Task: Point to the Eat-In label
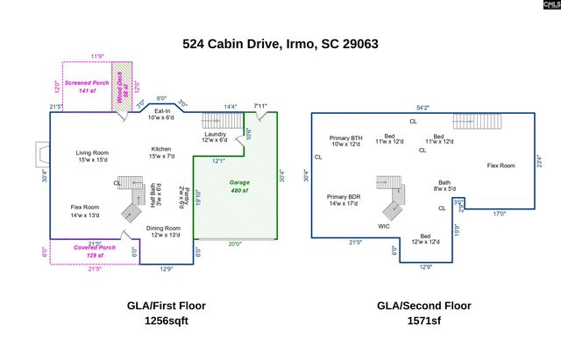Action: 162,111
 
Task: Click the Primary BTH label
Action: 345,138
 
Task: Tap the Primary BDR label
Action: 344,197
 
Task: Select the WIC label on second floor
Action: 384,226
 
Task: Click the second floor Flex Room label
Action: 501,166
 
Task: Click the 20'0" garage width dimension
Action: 235,244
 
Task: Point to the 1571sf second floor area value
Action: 423,321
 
